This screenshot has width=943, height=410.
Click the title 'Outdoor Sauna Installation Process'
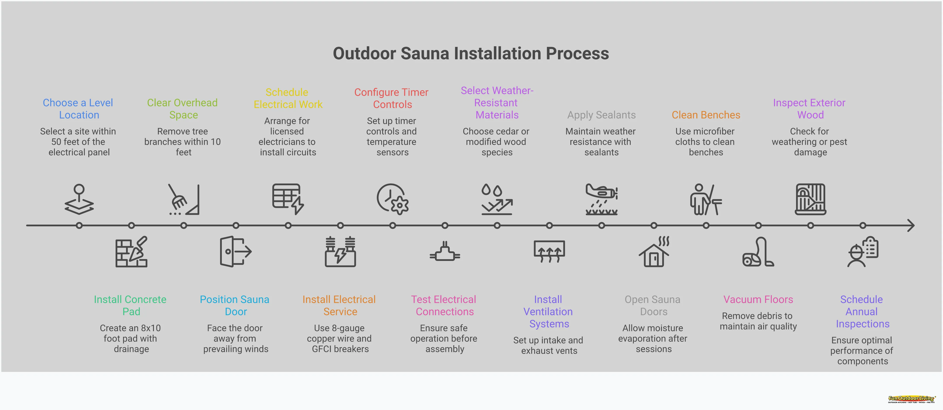(471, 54)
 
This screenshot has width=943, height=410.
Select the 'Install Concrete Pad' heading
(130, 305)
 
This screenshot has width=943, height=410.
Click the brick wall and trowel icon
(131, 252)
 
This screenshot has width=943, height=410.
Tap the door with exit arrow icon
(235, 252)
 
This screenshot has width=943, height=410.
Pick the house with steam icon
(654, 252)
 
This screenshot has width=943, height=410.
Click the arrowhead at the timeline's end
(911, 225)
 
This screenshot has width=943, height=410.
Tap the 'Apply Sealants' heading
(601, 115)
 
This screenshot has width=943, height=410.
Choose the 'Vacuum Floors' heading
(758, 299)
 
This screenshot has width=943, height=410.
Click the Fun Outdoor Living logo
(911, 399)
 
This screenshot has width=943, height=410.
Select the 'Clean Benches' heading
(706, 115)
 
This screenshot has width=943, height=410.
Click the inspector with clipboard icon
(863, 252)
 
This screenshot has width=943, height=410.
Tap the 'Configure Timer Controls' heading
(392, 98)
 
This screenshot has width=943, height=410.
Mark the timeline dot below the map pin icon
(79, 225)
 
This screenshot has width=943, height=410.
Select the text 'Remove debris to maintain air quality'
(758, 321)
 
